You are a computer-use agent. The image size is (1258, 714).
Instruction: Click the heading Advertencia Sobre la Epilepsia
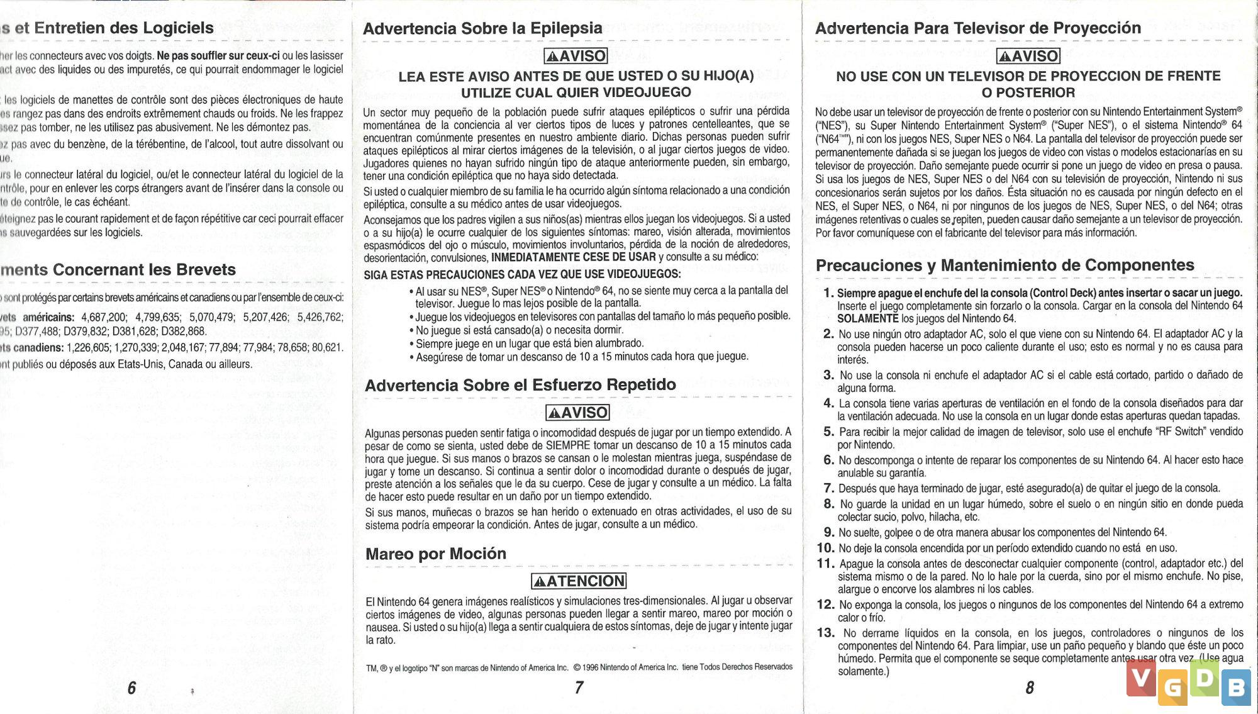[x=482, y=28]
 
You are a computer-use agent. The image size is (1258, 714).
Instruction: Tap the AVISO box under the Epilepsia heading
[x=576, y=56]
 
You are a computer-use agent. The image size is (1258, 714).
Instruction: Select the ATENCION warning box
[x=579, y=581]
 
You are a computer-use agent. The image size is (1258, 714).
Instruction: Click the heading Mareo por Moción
[x=436, y=554]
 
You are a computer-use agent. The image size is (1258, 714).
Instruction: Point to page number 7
[x=579, y=688]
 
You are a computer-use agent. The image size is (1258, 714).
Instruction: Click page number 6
[x=131, y=688]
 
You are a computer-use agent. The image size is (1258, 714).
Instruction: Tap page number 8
[x=1030, y=688]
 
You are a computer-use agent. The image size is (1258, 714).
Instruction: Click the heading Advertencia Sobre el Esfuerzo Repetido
[x=520, y=385]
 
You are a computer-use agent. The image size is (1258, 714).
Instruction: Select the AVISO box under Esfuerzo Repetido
[x=577, y=413]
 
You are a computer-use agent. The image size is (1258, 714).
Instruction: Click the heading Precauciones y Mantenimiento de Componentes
[x=1005, y=265]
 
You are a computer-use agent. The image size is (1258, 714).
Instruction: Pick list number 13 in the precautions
[x=826, y=633]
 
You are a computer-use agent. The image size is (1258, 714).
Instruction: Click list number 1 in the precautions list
[x=828, y=293]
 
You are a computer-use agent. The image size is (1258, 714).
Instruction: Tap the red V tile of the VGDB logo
[x=1141, y=678]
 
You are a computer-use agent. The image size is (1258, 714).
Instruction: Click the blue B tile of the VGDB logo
[x=1235, y=688]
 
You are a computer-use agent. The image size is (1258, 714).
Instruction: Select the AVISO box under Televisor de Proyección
[x=1028, y=56]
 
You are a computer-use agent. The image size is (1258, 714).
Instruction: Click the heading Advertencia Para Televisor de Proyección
[x=977, y=28]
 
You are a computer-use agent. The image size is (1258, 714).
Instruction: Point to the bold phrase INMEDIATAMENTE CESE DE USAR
[x=574, y=257]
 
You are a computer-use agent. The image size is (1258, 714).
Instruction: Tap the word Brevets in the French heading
[x=206, y=269]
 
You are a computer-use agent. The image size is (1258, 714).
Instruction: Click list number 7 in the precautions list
[x=828, y=488]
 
